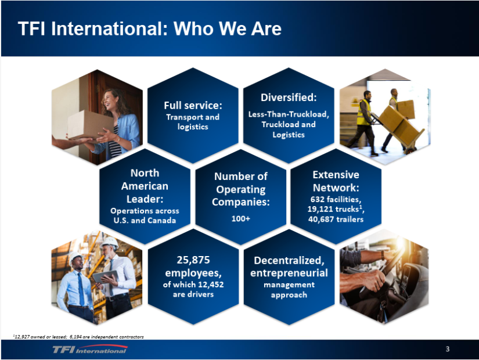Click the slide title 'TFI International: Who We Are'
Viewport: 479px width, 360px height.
coord(149,29)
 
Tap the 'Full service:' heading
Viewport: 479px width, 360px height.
coord(193,105)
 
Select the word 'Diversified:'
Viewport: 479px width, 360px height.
coord(288,97)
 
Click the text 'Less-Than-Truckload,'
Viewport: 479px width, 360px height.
coord(289,114)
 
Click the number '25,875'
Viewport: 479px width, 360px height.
coord(193,259)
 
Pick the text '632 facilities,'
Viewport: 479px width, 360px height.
coord(336,200)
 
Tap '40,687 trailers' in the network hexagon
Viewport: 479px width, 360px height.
coord(336,219)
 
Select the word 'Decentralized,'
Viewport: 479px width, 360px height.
coord(289,259)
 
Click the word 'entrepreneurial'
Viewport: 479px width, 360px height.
coord(289,272)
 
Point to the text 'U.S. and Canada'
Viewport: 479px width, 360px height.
coord(145,220)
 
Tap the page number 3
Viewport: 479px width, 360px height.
coord(447,349)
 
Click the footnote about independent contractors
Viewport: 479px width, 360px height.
coord(78,336)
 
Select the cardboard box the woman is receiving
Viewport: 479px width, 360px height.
coord(87,124)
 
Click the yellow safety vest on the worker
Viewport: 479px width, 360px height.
coord(363,112)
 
